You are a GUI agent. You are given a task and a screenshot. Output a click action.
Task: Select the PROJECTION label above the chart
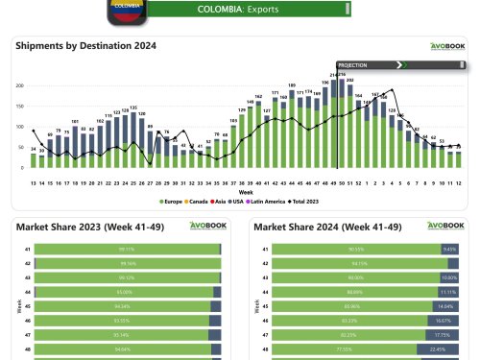tap(353, 65)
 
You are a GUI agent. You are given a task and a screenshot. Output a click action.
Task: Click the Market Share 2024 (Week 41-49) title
tap(324, 227)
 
